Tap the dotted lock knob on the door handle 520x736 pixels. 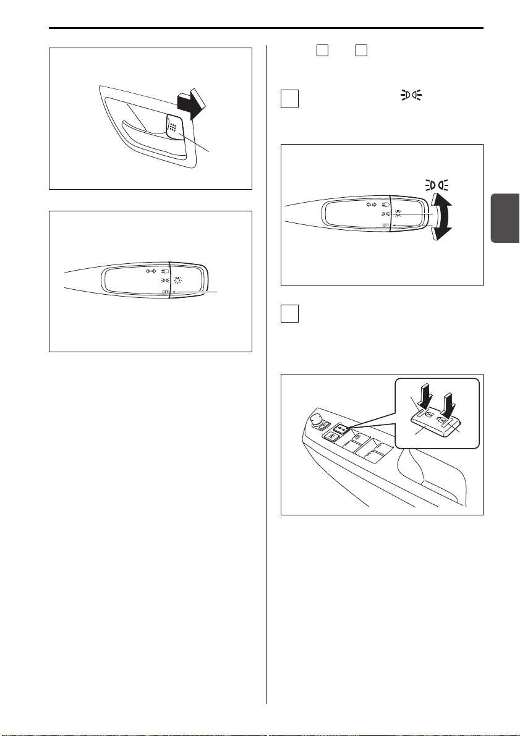(x=173, y=127)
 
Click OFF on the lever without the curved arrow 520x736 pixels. (x=165, y=292)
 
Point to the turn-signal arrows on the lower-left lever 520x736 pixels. (x=150, y=271)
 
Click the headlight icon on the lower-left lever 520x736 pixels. (x=165, y=271)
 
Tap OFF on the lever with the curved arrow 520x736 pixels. (x=386, y=226)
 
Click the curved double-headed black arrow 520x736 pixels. (x=441, y=217)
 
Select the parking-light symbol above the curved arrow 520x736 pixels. (x=437, y=184)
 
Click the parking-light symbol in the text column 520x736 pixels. (x=411, y=95)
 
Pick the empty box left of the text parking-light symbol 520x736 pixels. (x=290, y=99)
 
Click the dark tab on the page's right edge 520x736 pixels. (x=505, y=218)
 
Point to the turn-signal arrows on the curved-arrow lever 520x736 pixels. (x=371, y=205)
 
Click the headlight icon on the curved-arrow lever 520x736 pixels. (x=386, y=205)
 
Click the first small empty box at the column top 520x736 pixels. (x=322, y=50)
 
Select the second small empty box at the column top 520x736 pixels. (x=361, y=50)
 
